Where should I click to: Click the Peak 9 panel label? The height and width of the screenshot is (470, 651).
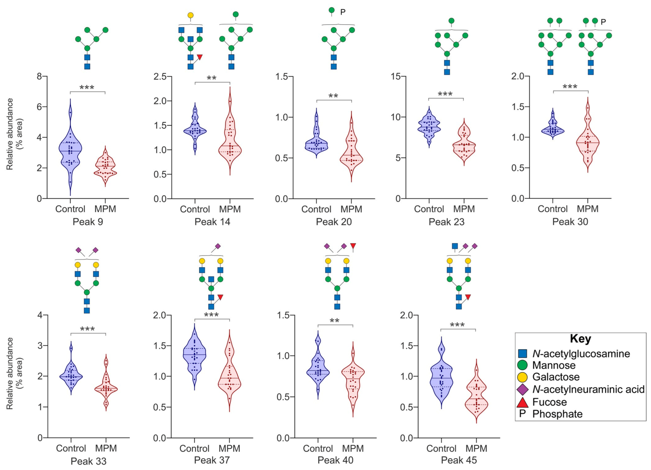pyautogui.click(x=88, y=222)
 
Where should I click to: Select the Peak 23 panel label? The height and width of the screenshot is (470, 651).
pyautogui.click(x=447, y=222)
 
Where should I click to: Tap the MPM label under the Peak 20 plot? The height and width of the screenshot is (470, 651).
pyautogui.click(x=351, y=209)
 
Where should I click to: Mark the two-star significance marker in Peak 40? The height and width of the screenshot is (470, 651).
pyautogui.click(x=335, y=321)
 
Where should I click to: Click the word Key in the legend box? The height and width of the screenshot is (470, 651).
pyautogui.click(x=580, y=339)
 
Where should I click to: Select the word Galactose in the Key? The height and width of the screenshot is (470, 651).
pyautogui.click(x=556, y=377)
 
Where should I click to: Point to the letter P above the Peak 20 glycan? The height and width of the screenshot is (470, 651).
pyautogui.click(x=343, y=12)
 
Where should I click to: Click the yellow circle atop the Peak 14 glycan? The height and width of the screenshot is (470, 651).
pyautogui.click(x=191, y=15)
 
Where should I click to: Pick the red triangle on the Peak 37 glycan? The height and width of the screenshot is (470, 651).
pyautogui.click(x=220, y=297)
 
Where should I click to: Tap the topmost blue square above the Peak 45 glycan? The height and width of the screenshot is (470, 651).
pyautogui.click(x=455, y=246)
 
